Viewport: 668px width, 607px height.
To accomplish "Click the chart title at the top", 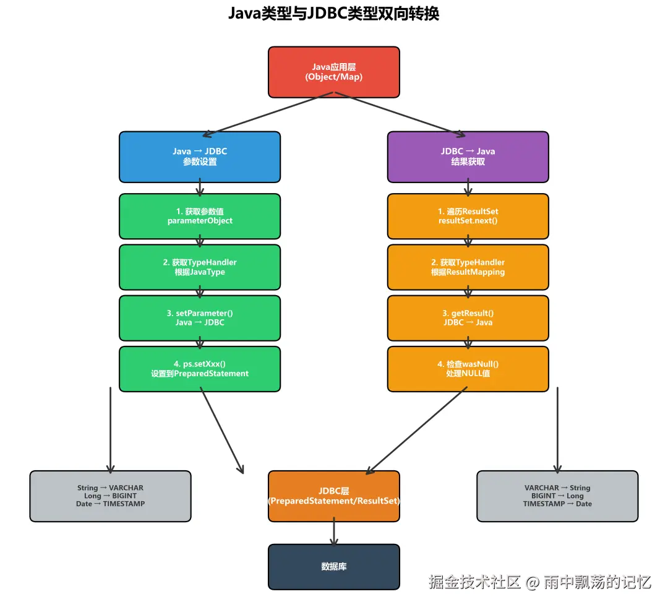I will click(333, 14).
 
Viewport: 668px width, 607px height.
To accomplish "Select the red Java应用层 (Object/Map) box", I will click(333, 72).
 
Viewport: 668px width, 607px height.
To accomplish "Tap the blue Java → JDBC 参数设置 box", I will click(199, 157).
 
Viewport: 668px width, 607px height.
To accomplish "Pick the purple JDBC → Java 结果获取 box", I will click(468, 157).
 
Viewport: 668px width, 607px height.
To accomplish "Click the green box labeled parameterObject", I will click(199, 216).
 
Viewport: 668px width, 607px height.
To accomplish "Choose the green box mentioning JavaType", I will click(199, 267).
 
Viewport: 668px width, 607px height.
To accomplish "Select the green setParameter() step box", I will click(199, 317).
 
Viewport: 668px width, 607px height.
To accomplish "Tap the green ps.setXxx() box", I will click(199, 369).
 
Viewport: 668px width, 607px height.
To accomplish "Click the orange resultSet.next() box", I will click(468, 216).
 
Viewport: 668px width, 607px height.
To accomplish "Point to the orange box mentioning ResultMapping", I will click(468, 267).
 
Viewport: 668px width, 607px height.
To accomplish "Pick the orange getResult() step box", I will click(468, 317).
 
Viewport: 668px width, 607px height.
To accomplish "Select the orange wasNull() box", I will click(468, 369).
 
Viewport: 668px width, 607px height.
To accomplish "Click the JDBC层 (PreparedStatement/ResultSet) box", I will click(333, 496).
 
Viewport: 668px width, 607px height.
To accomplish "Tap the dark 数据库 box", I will click(333, 566).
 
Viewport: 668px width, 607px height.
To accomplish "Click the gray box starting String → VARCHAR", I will click(110, 496).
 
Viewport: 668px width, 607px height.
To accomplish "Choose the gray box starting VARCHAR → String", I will click(557, 496).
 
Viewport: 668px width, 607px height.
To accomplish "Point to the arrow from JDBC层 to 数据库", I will click(333, 532).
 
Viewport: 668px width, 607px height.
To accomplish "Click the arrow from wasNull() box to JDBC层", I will click(417, 431).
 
